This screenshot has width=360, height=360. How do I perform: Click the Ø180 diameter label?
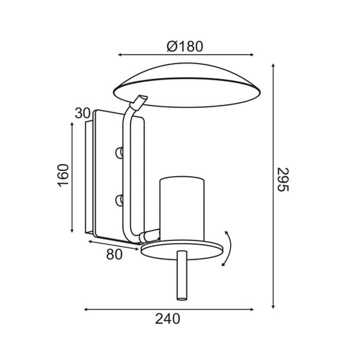[184, 46]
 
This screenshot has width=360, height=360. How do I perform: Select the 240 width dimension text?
[169, 318]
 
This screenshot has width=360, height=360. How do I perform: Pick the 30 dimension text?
[82, 113]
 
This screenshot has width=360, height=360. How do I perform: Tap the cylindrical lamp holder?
[182, 206]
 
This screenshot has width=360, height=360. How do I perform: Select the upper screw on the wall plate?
[118, 152]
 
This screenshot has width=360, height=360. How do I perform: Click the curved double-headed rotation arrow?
[228, 247]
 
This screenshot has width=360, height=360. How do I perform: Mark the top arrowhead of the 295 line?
[275, 65]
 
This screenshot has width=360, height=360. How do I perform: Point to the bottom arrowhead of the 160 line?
[73, 231]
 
